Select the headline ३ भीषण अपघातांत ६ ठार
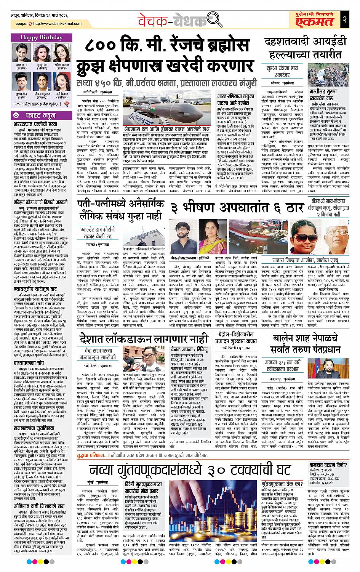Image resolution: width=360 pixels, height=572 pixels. point(236,208)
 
